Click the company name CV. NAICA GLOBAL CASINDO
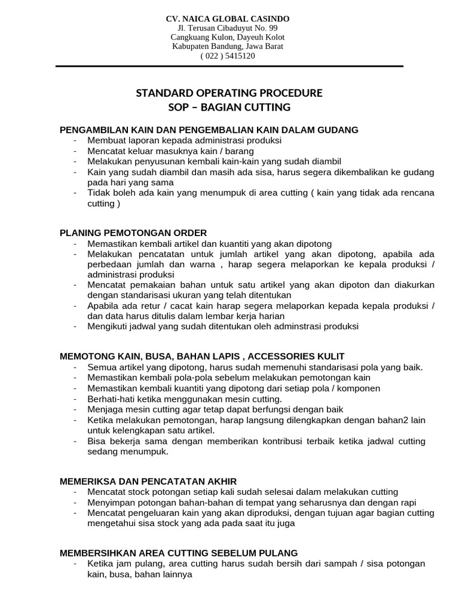227,19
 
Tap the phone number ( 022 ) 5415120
228,56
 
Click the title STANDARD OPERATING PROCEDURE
229,93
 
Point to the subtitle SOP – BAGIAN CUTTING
230,108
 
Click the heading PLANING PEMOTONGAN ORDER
133,232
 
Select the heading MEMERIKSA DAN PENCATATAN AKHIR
148,481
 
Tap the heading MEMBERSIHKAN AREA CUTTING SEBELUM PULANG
179,553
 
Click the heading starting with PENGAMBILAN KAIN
209,129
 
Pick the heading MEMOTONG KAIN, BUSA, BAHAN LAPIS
202,356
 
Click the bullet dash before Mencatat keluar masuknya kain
75,151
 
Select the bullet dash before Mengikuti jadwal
75,327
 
